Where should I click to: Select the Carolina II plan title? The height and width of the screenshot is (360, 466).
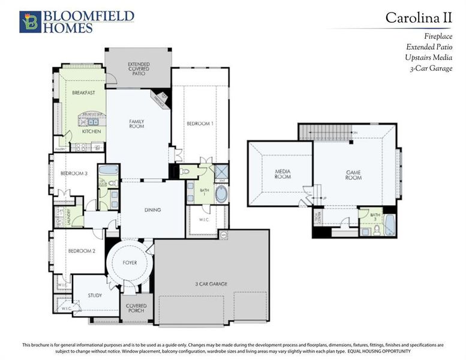tap(418, 18)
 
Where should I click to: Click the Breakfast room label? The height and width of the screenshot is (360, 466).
tap(84, 93)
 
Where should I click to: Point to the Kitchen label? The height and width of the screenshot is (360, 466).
tap(91, 131)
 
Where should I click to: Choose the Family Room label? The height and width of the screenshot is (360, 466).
tap(137, 124)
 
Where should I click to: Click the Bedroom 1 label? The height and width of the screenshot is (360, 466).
tap(200, 124)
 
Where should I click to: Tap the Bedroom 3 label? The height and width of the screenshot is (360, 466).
tap(74, 173)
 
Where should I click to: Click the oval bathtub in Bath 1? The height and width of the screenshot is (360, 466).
tap(221, 194)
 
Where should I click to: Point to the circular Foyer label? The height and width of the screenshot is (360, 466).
tap(130, 262)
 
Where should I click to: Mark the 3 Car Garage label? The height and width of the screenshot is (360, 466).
tap(210, 284)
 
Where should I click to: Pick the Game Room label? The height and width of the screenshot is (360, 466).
tap(354, 175)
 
